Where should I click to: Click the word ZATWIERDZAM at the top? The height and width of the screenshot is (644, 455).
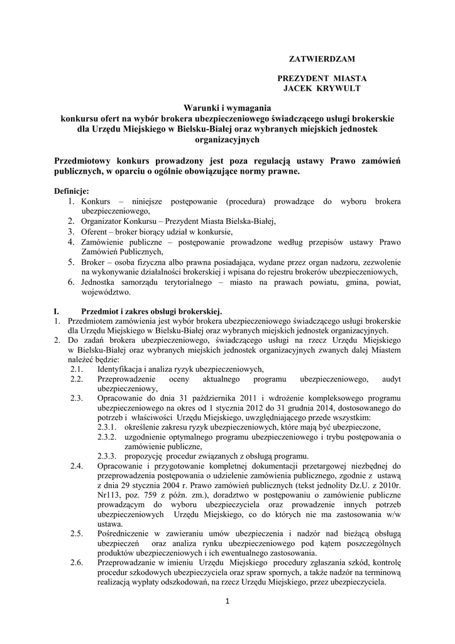[321, 58]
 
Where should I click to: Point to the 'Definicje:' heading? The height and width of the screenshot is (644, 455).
[72, 191]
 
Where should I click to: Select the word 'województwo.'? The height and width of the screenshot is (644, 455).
[106, 292]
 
